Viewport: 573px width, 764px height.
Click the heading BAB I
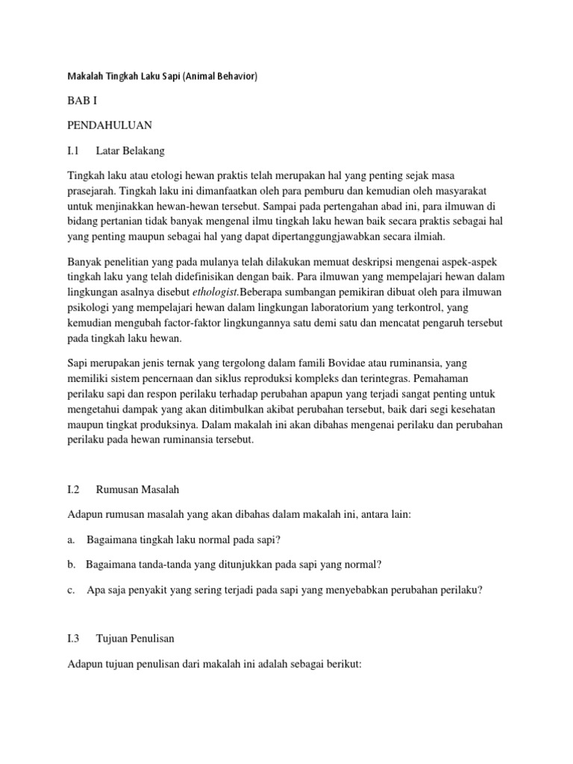click(82, 99)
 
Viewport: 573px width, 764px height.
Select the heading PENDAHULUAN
click(109, 125)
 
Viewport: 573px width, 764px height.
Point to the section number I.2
click(74, 489)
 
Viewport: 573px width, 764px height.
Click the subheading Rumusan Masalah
click(138, 489)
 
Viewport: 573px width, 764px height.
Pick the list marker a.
click(70, 539)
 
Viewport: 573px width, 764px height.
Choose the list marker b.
click(71, 564)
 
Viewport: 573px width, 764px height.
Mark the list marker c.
click(70, 589)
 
